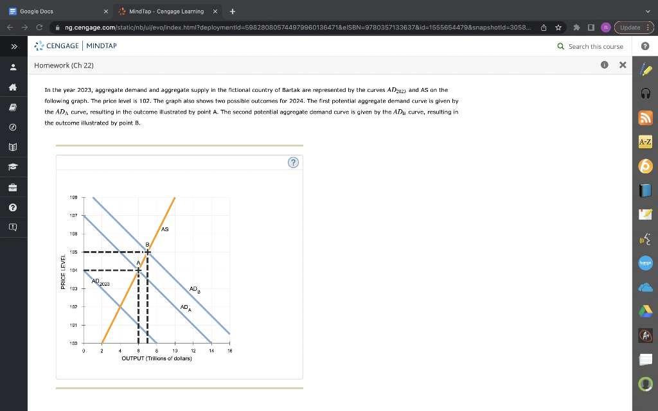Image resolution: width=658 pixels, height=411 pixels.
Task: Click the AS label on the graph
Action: click(x=165, y=229)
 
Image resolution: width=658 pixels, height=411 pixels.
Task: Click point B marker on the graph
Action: click(x=148, y=252)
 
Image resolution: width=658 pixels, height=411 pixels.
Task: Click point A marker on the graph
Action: click(x=138, y=270)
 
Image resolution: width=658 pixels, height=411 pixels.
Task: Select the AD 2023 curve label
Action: click(x=100, y=282)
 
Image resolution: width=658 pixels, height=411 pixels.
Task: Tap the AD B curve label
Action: click(x=194, y=290)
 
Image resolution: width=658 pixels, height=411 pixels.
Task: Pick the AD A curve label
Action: click(x=185, y=308)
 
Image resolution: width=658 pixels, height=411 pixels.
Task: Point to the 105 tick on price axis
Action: click(x=74, y=252)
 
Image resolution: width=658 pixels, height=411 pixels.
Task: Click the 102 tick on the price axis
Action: click(x=74, y=307)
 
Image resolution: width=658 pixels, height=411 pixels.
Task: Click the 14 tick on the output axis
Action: click(x=211, y=351)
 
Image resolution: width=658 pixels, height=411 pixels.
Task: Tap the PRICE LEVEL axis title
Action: click(x=63, y=271)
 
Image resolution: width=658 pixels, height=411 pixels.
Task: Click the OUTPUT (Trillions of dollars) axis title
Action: click(x=157, y=358)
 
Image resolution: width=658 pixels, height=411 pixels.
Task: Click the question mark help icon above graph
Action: click(x=293, y=163)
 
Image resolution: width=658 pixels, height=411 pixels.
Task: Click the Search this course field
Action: click(x=595, y=46)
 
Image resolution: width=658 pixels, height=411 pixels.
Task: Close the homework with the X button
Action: click(x=622, y=66)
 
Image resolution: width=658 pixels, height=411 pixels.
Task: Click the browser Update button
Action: click(x=634, y=28)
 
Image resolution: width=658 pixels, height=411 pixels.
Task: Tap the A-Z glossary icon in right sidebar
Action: click(x=645, y=142)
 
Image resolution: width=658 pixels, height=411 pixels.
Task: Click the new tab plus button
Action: click(x=232, y=12)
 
